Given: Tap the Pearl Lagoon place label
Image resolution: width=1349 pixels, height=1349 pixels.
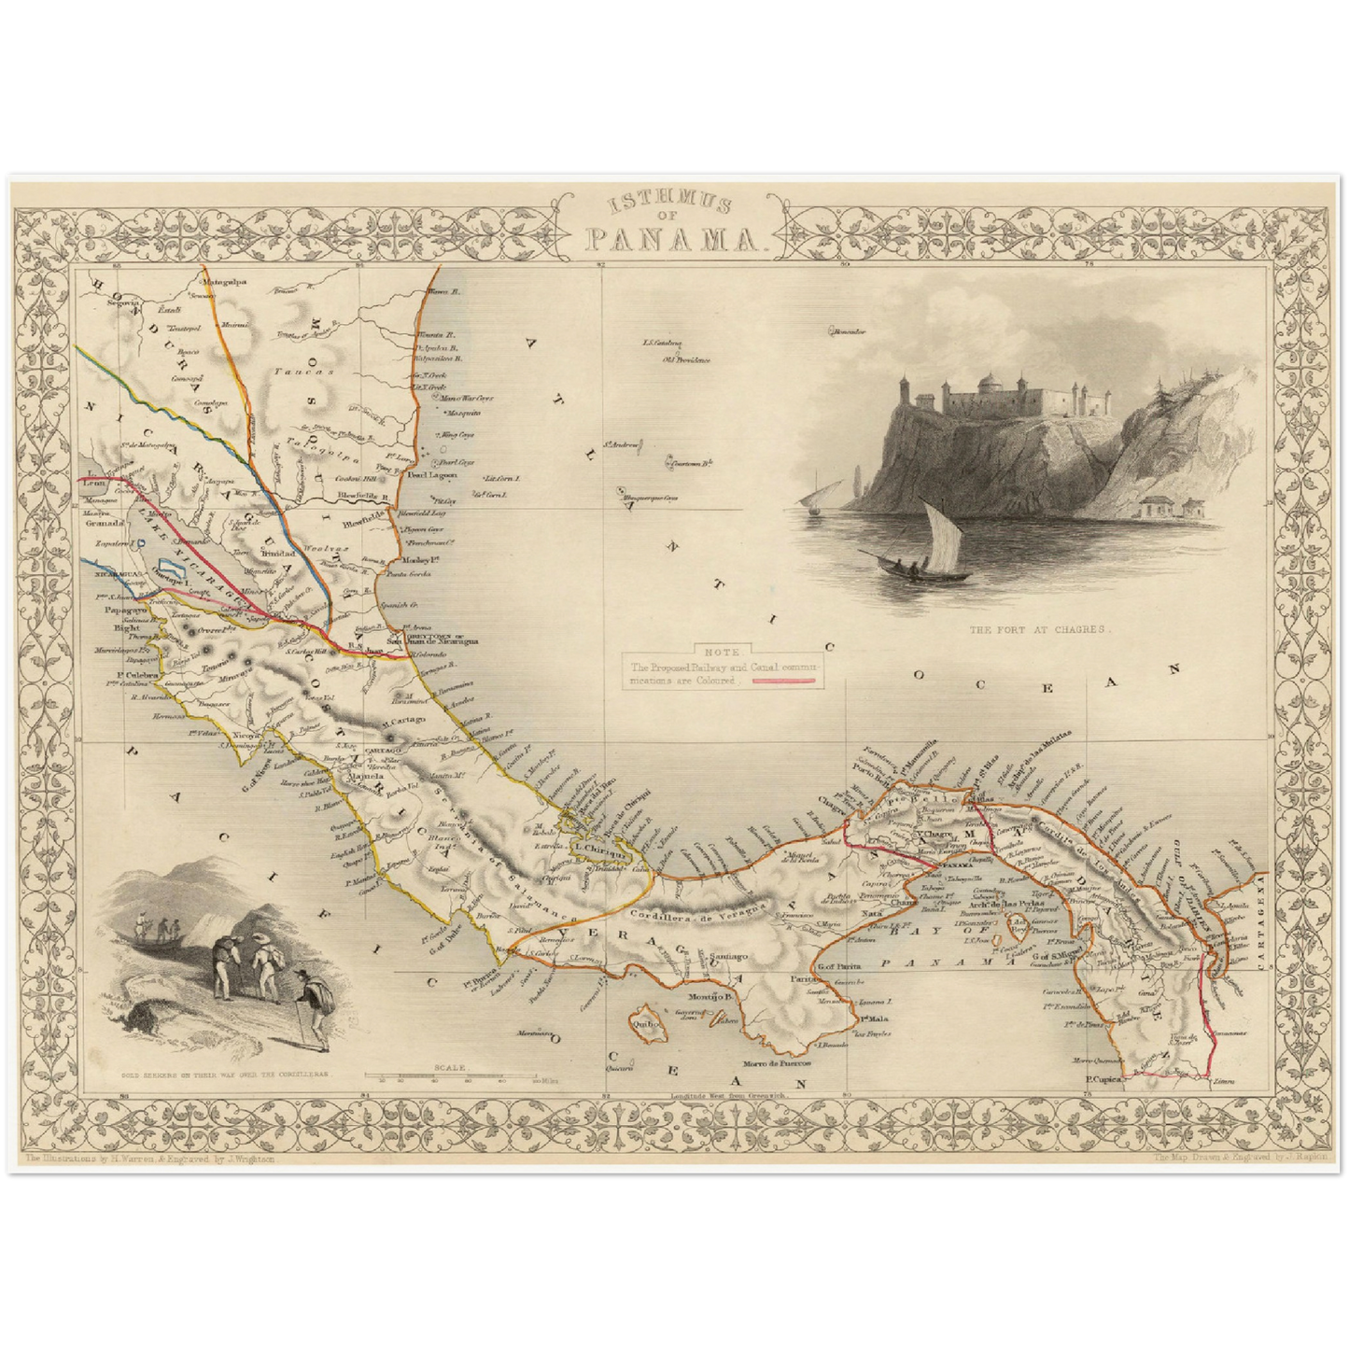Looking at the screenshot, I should click(432, 475).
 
